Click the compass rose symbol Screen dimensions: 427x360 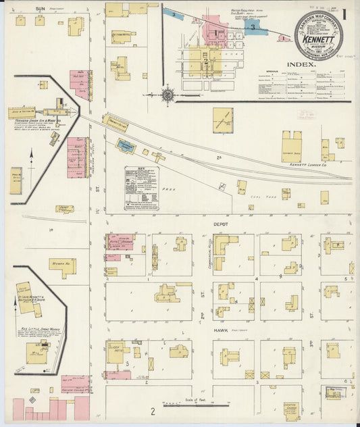point(168,95)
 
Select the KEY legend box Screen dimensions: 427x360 point(140,189)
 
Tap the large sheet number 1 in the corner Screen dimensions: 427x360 point(344,14)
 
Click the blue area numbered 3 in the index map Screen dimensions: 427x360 point(253,27)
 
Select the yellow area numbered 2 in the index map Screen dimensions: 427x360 point(205,61)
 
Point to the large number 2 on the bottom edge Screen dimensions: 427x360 point(153,411)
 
